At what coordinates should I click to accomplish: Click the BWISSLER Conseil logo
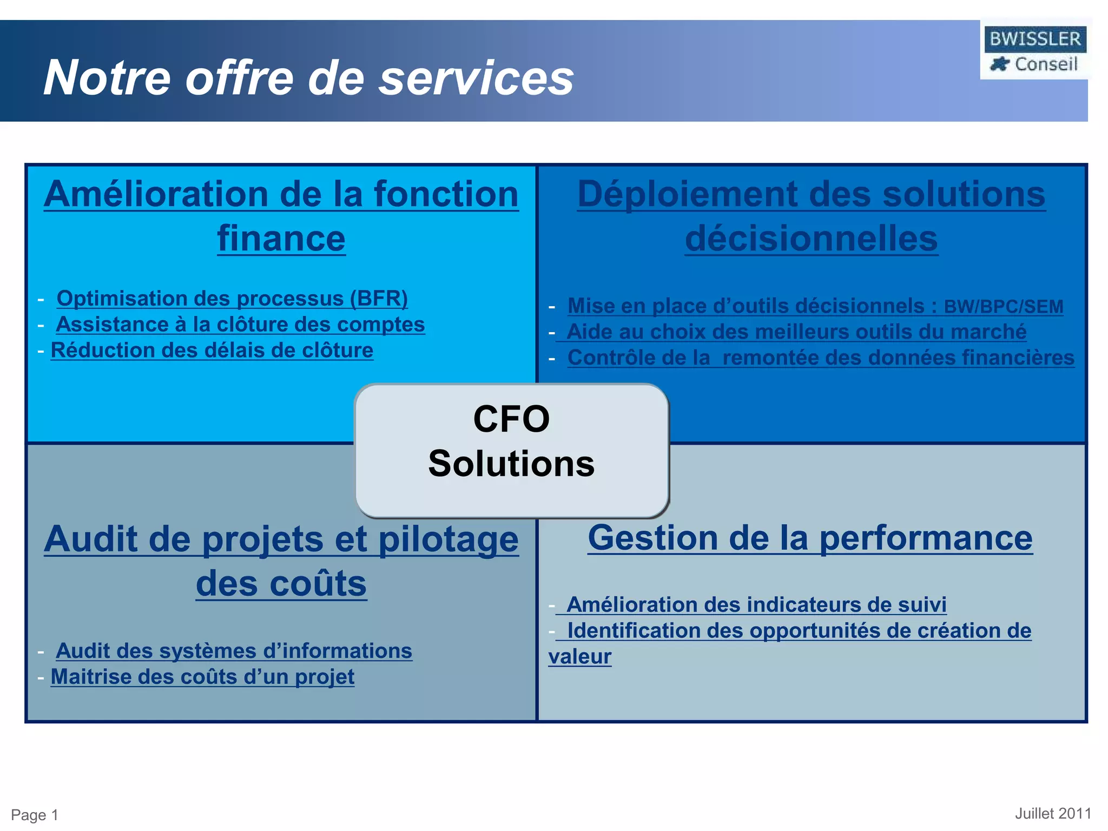(x=1034, y=50)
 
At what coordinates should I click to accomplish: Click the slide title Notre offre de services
(x=308, y=78)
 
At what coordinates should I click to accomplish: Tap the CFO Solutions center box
(x=511, y=450)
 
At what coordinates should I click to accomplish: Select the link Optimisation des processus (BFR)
(x=232, y=299)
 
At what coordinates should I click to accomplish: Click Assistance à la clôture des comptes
(x=240, y=325)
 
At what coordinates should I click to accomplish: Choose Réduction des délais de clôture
(x=212, y=351)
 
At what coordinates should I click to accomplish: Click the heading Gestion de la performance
(x=810, y=538)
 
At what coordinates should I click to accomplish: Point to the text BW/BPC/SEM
(x=1004, y=307)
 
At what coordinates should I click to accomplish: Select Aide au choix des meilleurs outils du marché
(x=796, y=332)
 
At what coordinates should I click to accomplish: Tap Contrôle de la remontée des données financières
(x=821, y=358)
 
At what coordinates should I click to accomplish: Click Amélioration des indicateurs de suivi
(x=756, y=605)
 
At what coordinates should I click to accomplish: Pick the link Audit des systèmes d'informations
(x=234, y=651)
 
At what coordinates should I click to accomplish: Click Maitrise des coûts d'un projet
(x=202, y=677)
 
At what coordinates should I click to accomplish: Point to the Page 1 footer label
(x=35, y=815)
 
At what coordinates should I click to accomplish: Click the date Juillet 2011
(x=1053, y=814)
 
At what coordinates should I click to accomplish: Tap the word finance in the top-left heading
(x=281, y=239)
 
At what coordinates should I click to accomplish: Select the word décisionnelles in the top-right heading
(x=811, y=239)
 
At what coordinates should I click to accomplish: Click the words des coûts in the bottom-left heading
(x=281, y=584)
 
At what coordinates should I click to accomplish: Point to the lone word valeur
(x=579, y=657)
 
